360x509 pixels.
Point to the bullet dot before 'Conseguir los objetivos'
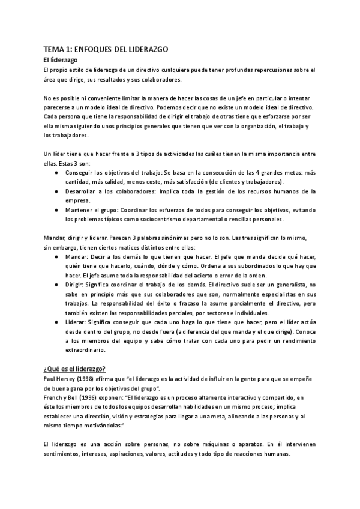[56, 172]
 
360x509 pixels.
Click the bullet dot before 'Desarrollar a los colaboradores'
[56, 191]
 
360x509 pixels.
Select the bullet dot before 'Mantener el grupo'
[56, 210]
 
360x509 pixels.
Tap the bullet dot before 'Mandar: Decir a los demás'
[56, 256]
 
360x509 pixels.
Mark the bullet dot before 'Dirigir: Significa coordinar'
[56, 285]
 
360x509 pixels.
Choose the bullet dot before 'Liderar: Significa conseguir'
[56, 322]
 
